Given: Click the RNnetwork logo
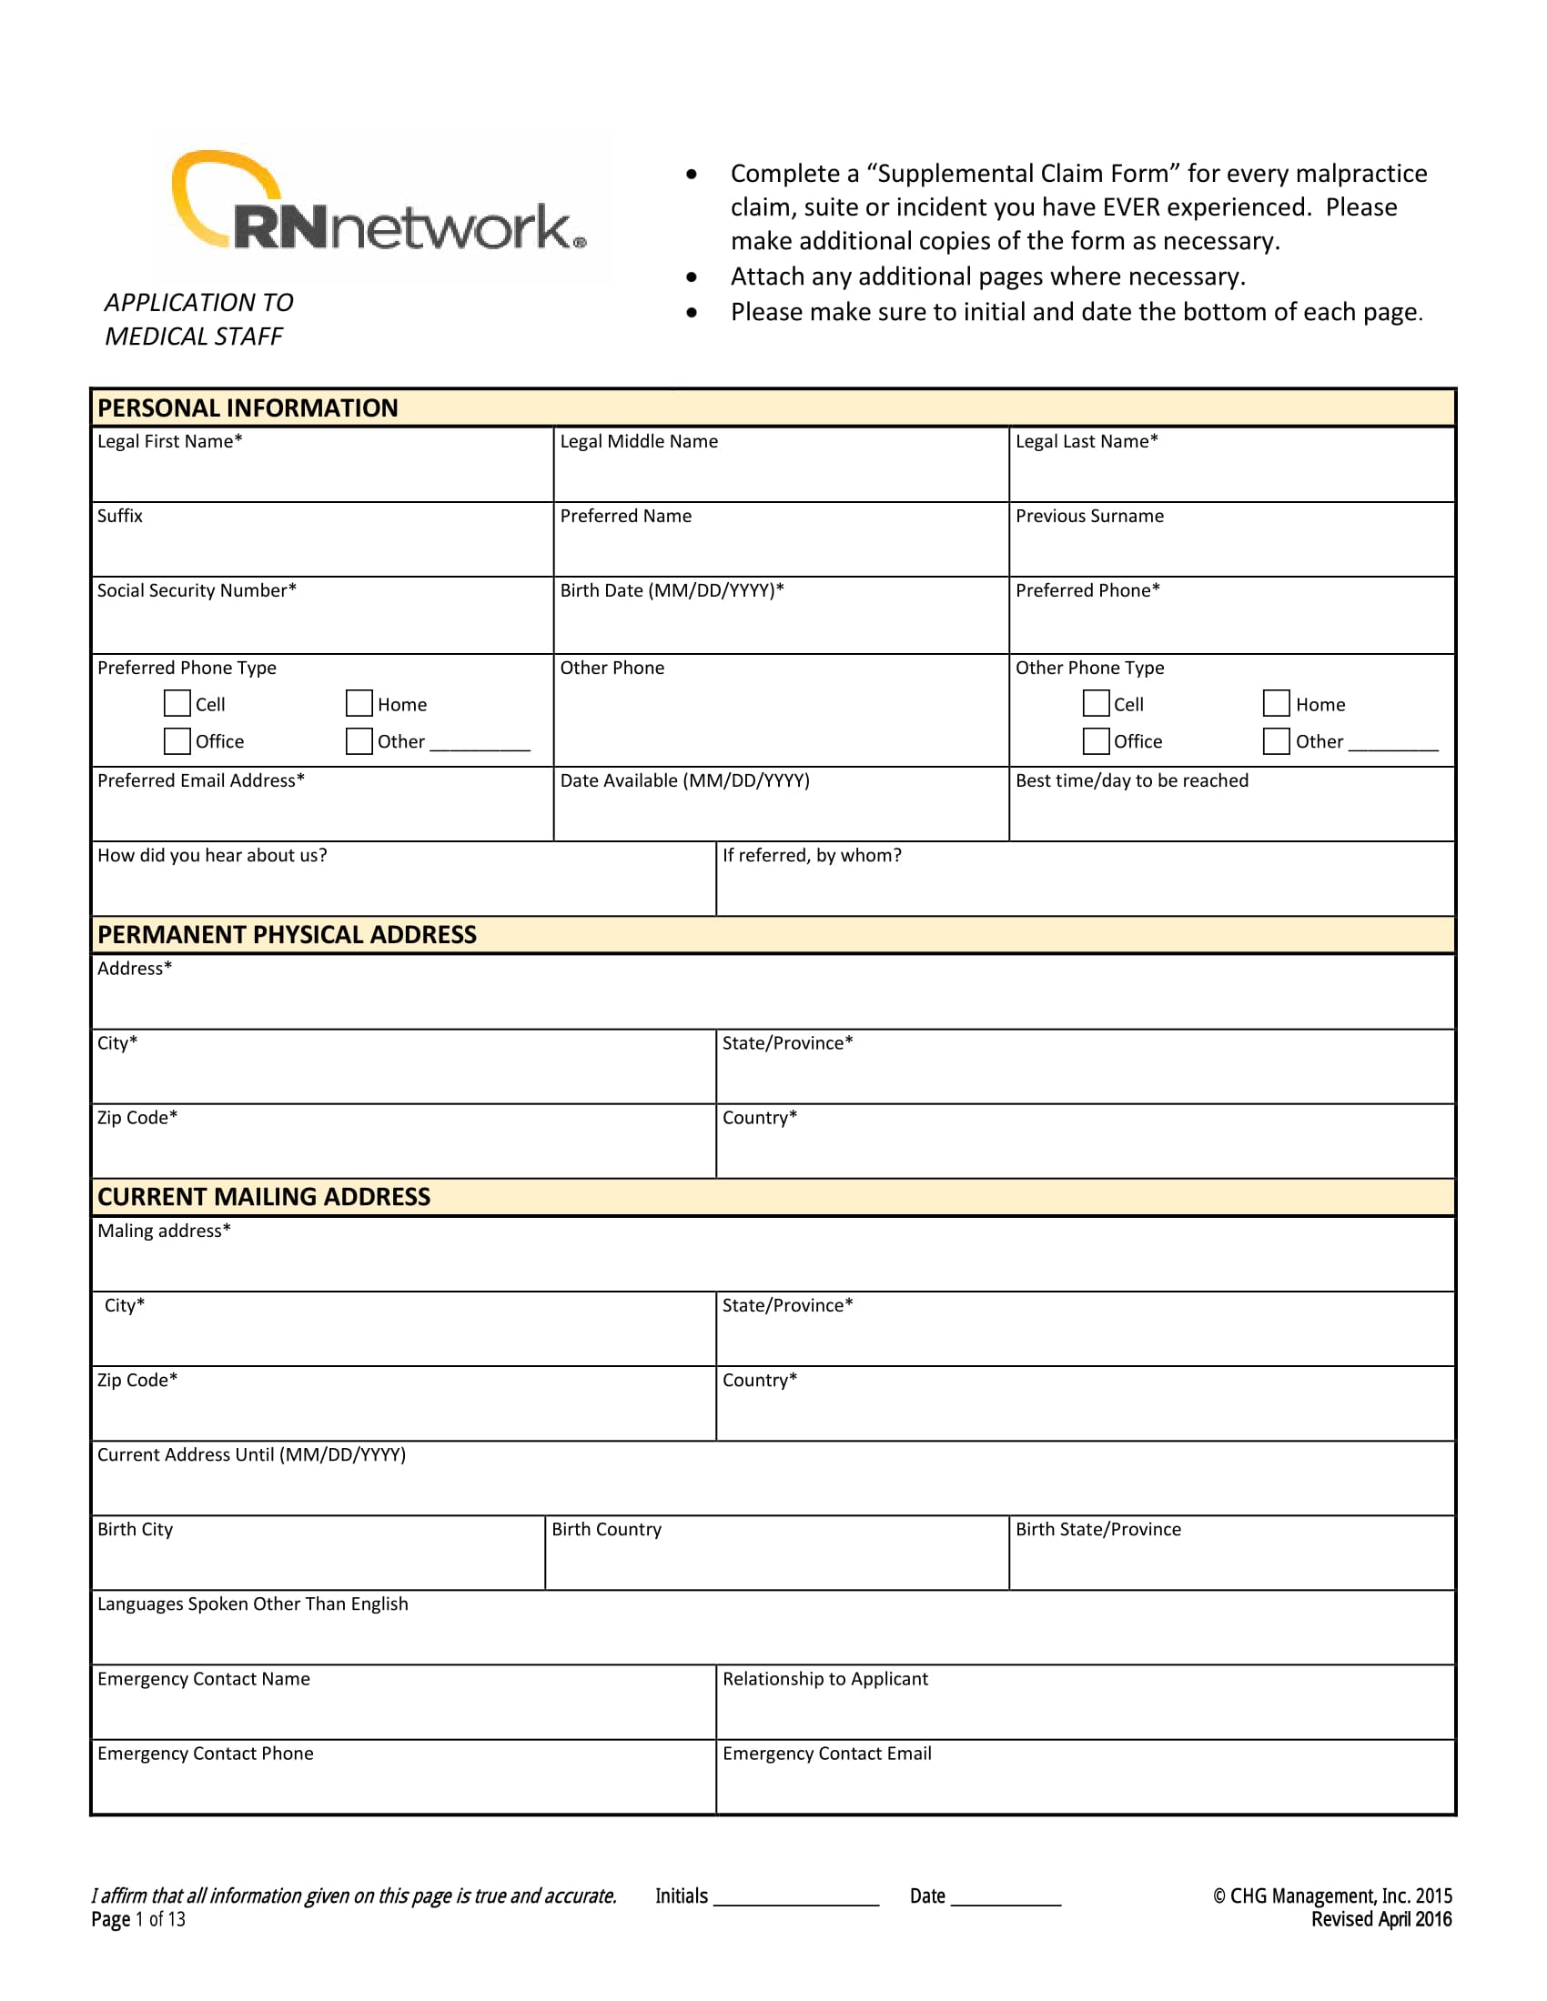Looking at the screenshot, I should (x=380, y=209).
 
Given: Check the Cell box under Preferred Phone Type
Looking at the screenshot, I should (x=177, y=704).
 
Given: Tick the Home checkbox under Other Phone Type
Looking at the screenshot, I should (x=1276, y=704).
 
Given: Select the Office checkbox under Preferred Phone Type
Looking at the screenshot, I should (x=177, y=740).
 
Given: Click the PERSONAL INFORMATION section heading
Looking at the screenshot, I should (x=248, y=408).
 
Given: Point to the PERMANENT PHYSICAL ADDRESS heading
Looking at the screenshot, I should (x=287, y=934).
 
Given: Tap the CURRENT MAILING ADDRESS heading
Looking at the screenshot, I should (x=264, y=1197).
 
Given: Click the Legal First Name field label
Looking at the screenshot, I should (x=169, y=442).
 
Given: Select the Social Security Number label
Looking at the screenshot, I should (x=197, y=591).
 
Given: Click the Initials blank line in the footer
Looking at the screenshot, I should (x=795, y=1898).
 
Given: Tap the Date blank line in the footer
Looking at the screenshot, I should (x=1006, y=1898).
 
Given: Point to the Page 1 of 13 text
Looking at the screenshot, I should (x=138, y=1919).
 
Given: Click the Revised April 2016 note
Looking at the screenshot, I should (x=1380, y=1919).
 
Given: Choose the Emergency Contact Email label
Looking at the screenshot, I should (x=826, y=1754).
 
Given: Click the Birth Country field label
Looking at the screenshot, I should (x=606, y=1529).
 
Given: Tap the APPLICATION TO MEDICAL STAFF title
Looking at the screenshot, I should (x=198, y=319).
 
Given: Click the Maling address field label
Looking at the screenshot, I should (x=164, y=1231).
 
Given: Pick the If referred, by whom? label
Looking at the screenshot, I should (x=811, y=856).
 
